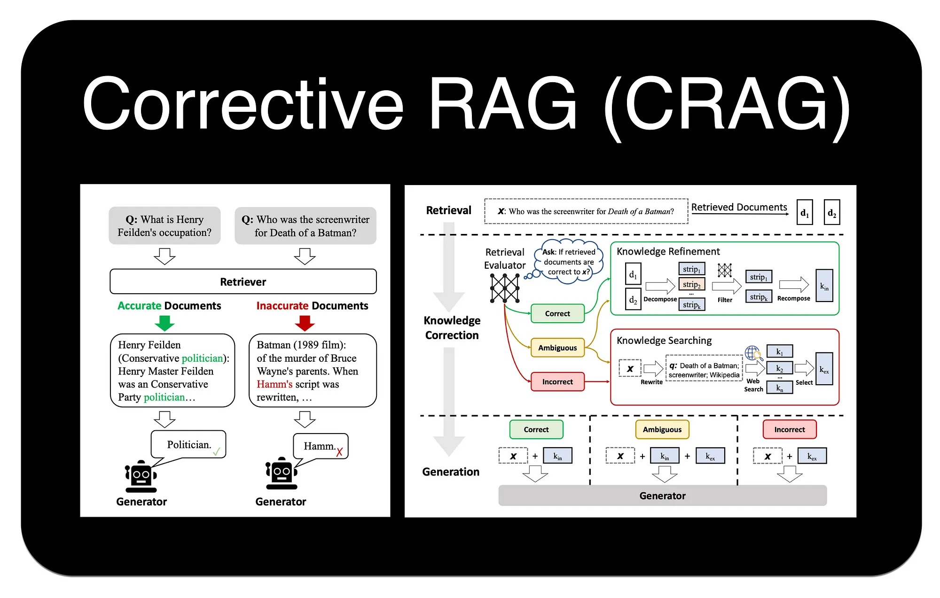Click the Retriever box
(x=243, y=281)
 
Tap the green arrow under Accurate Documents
(x=164, y=323)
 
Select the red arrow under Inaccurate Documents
(x=305, y=323)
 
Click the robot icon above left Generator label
(x=141, y=476)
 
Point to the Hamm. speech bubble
(x=321, y=446)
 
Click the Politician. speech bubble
(x=188, y=444)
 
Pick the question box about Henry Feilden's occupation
(x=164, y=225)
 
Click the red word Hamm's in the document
(x=274, y=384)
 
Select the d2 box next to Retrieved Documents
(x=831, y=213)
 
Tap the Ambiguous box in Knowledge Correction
(x=557, y=348)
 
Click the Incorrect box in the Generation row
(x=789, y=429)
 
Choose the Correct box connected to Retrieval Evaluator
(x=557, y=313)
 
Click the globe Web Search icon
(x=752, y=353)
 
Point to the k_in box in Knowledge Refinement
(x=824, y=286)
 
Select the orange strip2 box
(x=691, y=284)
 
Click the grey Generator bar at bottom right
(x=662, y=496)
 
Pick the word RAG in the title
(x=502, y=104)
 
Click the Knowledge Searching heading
(x=664, y=340)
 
